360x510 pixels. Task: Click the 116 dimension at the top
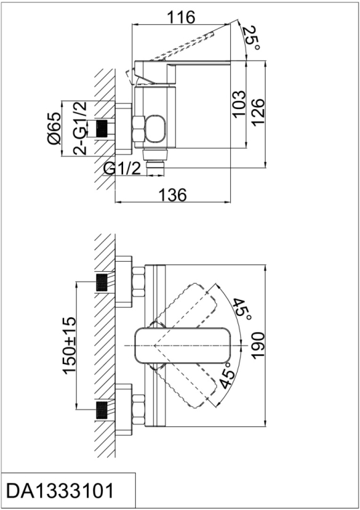pos(181,17)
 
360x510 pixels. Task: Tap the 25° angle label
pos(252,38)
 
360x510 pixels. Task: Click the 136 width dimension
pos(173,195)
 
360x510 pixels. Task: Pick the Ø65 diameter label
pos(54,128)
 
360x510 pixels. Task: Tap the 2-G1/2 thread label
pos(80,128)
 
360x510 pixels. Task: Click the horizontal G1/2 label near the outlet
pos(122,169)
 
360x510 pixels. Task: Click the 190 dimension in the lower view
pos(258,345)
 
